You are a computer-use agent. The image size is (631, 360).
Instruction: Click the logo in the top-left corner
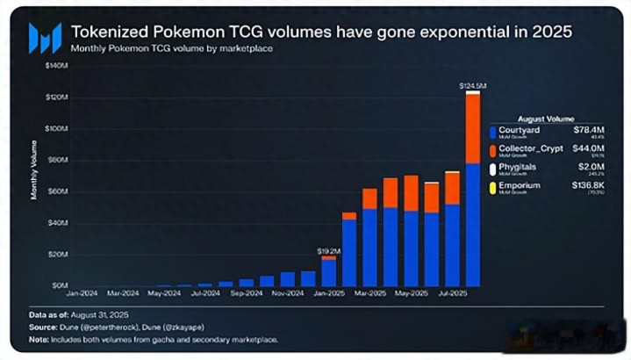[x=44, y=38]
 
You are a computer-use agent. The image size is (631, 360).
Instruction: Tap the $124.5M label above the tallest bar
[x=472, y=85]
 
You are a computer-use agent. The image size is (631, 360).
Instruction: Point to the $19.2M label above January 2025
[x=328, y=251]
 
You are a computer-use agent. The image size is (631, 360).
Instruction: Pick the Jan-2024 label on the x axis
[x=82, y=293]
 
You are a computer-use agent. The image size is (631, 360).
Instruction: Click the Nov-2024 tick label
[x=287, y=293]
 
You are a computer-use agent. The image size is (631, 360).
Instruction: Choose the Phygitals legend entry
[x=517, y=167]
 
